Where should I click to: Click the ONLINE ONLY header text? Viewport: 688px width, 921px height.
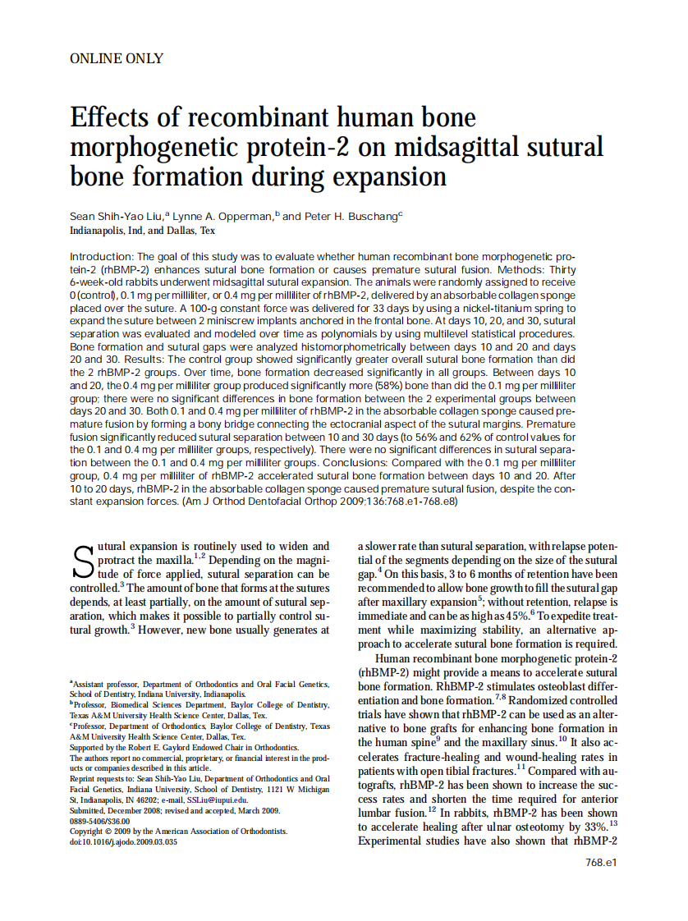tap(117, 59)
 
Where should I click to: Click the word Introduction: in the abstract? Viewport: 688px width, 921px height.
tap(102, 257)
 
